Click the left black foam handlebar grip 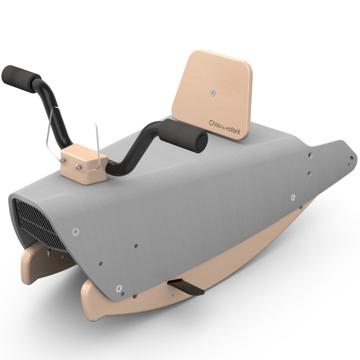pos(20,79)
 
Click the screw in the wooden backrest pos(213,93)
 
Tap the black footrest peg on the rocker pos(186,287)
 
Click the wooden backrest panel pos(212,94)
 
